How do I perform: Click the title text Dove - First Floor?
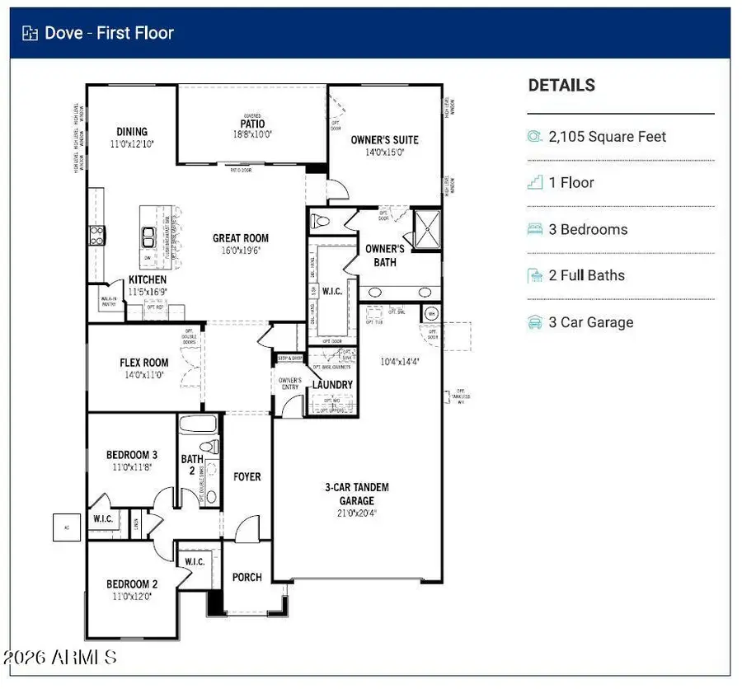109,33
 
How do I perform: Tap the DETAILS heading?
561,85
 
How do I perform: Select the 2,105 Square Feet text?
608,137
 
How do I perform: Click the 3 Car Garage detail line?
591,322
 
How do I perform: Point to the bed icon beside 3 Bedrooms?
535,229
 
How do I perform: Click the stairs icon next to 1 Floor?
535,183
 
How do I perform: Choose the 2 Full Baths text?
586,275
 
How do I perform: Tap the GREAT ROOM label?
241,238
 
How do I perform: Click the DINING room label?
132,132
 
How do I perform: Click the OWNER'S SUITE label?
384,140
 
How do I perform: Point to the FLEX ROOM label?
144,363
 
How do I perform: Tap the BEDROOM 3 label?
132,455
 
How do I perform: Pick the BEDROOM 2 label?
132,585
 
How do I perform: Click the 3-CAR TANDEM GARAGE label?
356,494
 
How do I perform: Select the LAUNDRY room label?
332,385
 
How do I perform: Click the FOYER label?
247,476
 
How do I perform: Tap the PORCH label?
247,577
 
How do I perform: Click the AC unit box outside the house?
67,527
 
